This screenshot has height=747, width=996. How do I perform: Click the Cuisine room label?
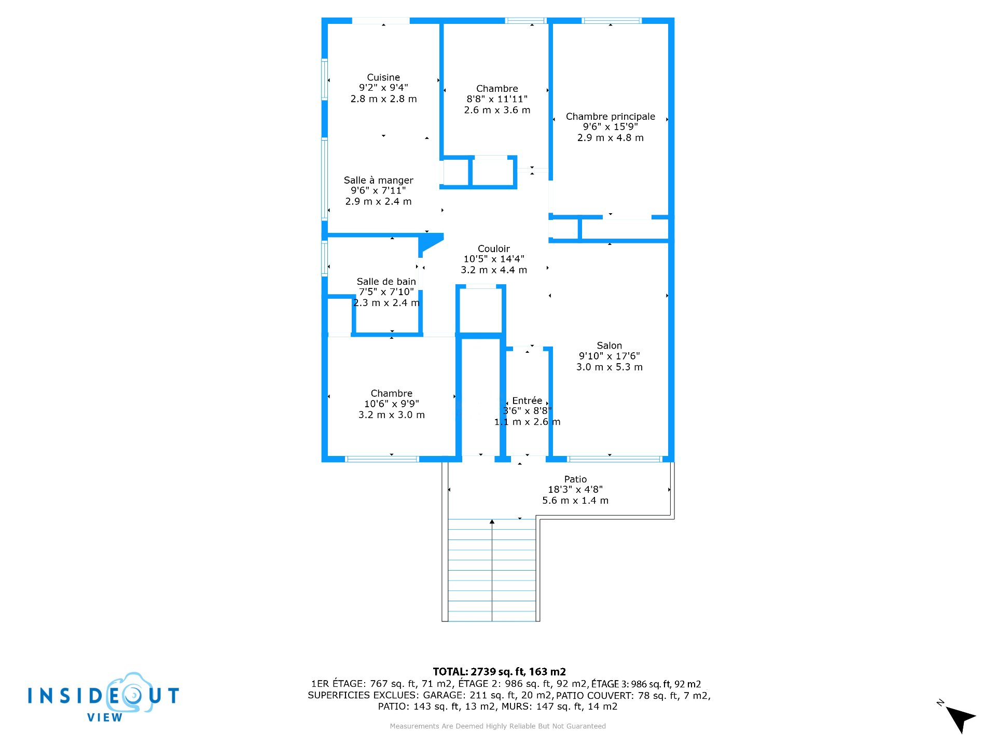[383, 77]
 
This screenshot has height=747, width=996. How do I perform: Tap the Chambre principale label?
[611, 117]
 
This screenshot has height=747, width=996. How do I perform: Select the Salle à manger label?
[379, 180]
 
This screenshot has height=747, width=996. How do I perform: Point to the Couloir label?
[494, 248]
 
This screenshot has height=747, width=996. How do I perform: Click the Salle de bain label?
[386, 281]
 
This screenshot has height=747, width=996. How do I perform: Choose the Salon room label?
[610, 345]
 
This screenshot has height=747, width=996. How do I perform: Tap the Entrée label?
[527, 400]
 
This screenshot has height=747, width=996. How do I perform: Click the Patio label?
[576, 479]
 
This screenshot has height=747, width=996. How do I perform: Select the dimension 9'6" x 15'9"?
[611, 127]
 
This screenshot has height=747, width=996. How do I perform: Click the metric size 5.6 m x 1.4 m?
[575, 501]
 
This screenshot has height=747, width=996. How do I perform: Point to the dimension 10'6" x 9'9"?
[392, 404]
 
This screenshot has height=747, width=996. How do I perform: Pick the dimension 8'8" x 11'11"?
[497, 99]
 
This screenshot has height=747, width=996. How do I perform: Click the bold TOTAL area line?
[500, 672]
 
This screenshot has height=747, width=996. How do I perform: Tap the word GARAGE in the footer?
[443, 695]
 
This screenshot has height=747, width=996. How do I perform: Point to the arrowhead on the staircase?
[492, 521]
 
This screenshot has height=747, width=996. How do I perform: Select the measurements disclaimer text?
[498, 726]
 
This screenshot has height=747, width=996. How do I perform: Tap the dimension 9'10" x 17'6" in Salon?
[610, 356]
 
